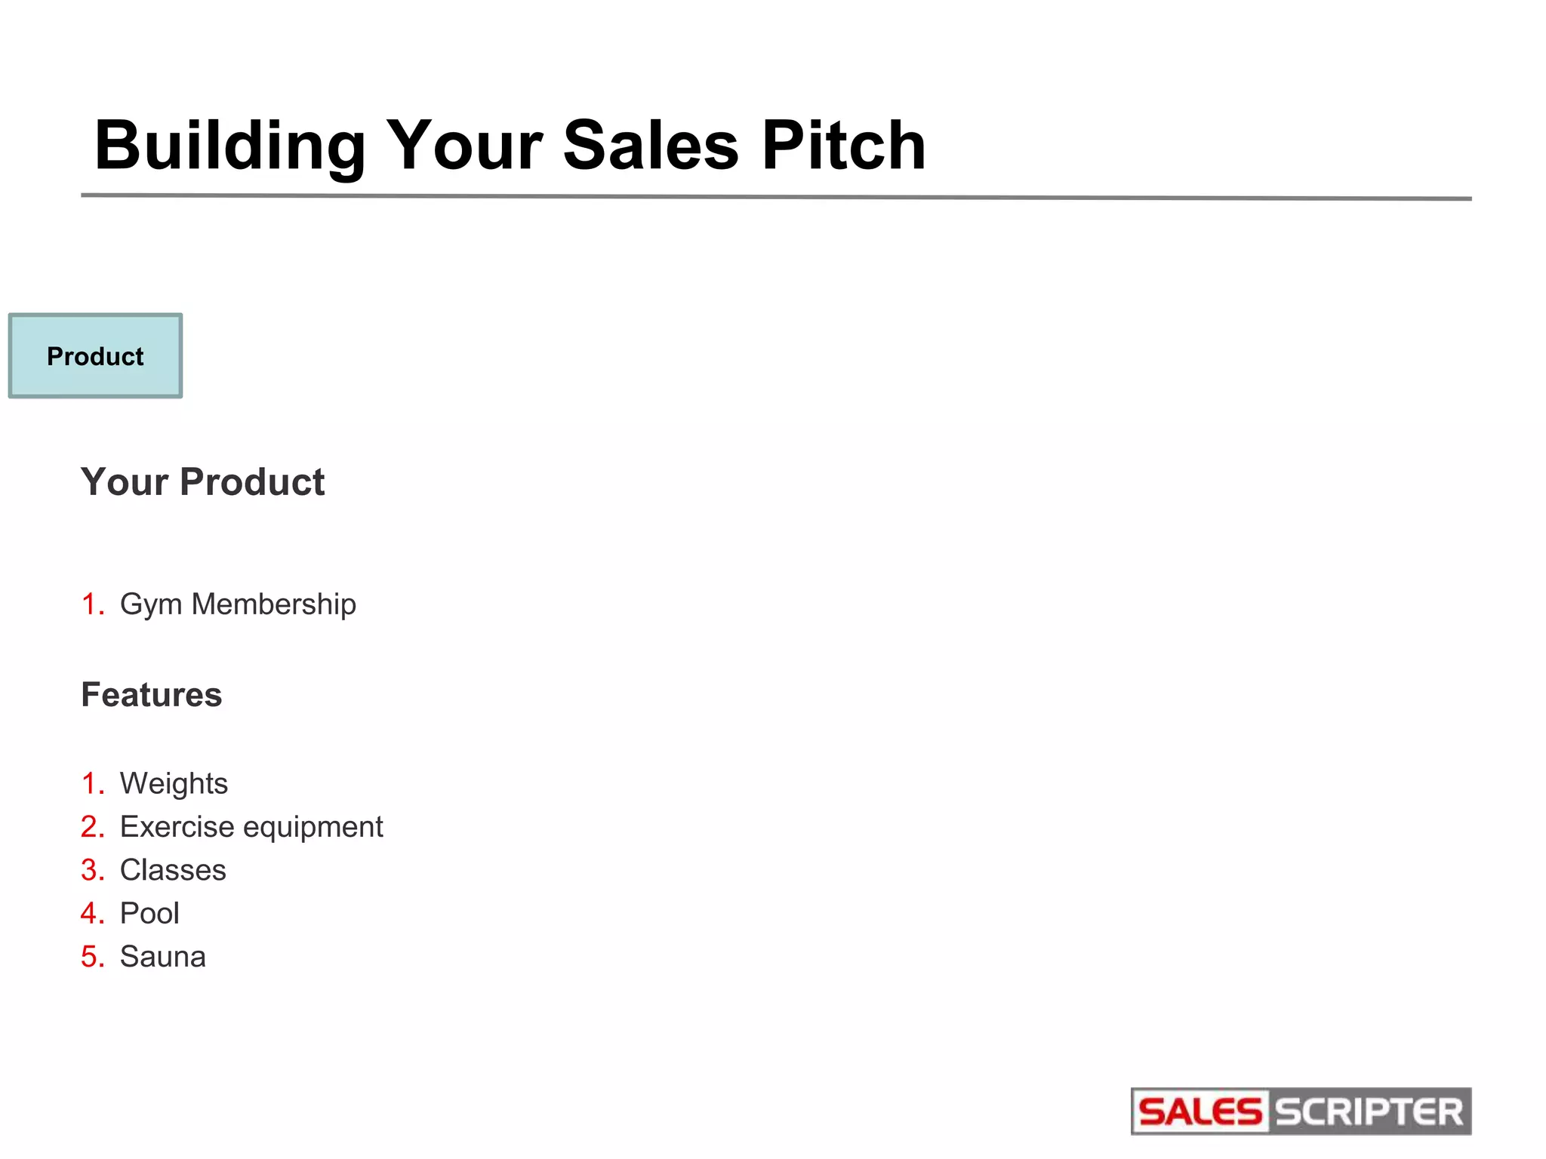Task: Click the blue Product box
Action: coord(95,356)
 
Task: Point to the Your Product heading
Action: coord(202,482)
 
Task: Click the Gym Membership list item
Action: coord(238,604)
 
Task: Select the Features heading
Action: coord(152,695)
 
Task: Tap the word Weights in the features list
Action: coord(174,784)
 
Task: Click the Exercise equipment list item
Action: coord(251,827)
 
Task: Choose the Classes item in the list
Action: coord(173,870)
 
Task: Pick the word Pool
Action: coord(149,914)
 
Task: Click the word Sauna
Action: coord(162,957)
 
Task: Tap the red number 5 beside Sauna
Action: coord(90,957)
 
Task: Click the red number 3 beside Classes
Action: coord(90,870)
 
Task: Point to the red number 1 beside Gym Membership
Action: coord(90,604)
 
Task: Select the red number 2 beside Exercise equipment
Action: coord(90,827)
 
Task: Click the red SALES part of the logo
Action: coord(1200,1112)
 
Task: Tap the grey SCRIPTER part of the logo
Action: coord(1369,1112)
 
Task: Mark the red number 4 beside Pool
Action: coord(90,914)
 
